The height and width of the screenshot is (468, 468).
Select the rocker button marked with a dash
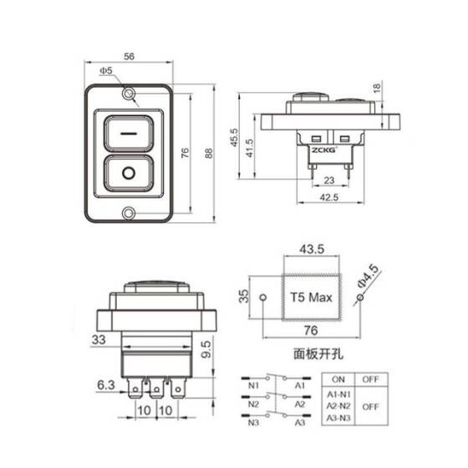(x=128, y=132)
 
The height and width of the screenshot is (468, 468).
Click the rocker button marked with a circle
(x=128, y=175)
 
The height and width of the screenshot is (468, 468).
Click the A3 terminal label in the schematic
(x=299, y=423)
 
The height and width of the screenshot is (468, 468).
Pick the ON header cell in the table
(x=338, y=379)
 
